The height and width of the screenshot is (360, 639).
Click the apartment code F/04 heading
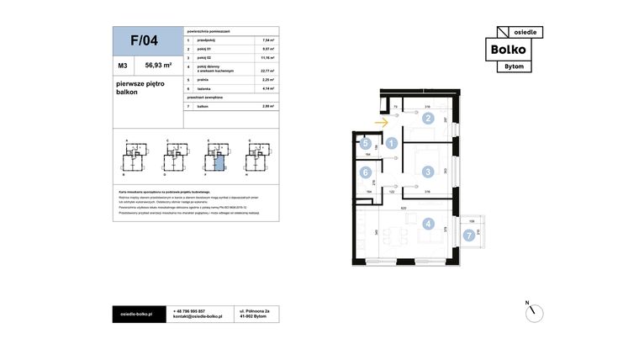click(144, 40)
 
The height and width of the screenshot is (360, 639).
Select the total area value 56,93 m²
click(158, 64)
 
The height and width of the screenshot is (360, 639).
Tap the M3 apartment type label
click(123, 64)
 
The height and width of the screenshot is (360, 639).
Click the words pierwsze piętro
click(140, 83)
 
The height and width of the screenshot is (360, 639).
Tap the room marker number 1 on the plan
click(392, 144)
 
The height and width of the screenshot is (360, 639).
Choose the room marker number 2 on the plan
click(428, 119)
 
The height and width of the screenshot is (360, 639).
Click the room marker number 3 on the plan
click(428, 172)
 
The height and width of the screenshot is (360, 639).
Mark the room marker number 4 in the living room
click(428, 225)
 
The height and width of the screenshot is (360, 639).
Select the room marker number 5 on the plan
click(366, 144)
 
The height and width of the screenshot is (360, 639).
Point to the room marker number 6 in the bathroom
click(366, 173)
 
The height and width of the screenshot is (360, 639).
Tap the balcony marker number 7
click(469, 236)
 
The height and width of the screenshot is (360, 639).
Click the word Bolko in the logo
click(514, 50)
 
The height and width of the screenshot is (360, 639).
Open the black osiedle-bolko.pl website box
click(137, 314)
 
